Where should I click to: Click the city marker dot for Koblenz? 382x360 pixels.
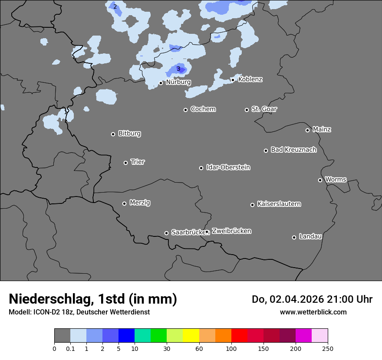[x=233, y=80]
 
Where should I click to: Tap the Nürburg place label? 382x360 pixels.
[x=178, y=82]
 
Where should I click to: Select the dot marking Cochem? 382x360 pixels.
[x=185, y=110]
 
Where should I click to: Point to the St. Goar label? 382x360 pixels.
[x=264, y=109]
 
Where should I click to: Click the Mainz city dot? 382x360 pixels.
[x=307, y=130]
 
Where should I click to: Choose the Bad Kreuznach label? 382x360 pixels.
[x=293, y=150]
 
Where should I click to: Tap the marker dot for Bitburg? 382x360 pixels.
[x=113, y=134]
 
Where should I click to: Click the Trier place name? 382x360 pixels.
[x=138, y=162]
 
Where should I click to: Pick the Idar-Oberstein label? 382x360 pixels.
[x=228, y=167]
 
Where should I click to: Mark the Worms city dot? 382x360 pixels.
[x=320, y=180]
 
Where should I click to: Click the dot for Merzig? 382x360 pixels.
[x=124, y=203]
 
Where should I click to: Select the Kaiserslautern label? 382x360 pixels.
[x=279, y=204]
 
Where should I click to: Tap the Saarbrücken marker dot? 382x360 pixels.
[x=166, y=233]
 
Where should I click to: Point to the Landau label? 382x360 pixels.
[x=310, y=236]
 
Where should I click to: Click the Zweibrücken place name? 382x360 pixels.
[x=231, y=231]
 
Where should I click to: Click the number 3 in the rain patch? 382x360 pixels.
[x=178, y=69]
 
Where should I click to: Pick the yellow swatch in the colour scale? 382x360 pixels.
[x=191, y=336]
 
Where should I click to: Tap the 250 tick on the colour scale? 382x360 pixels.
[x=327, y=348]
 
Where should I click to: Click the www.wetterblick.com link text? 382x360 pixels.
[x=313, y=312]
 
